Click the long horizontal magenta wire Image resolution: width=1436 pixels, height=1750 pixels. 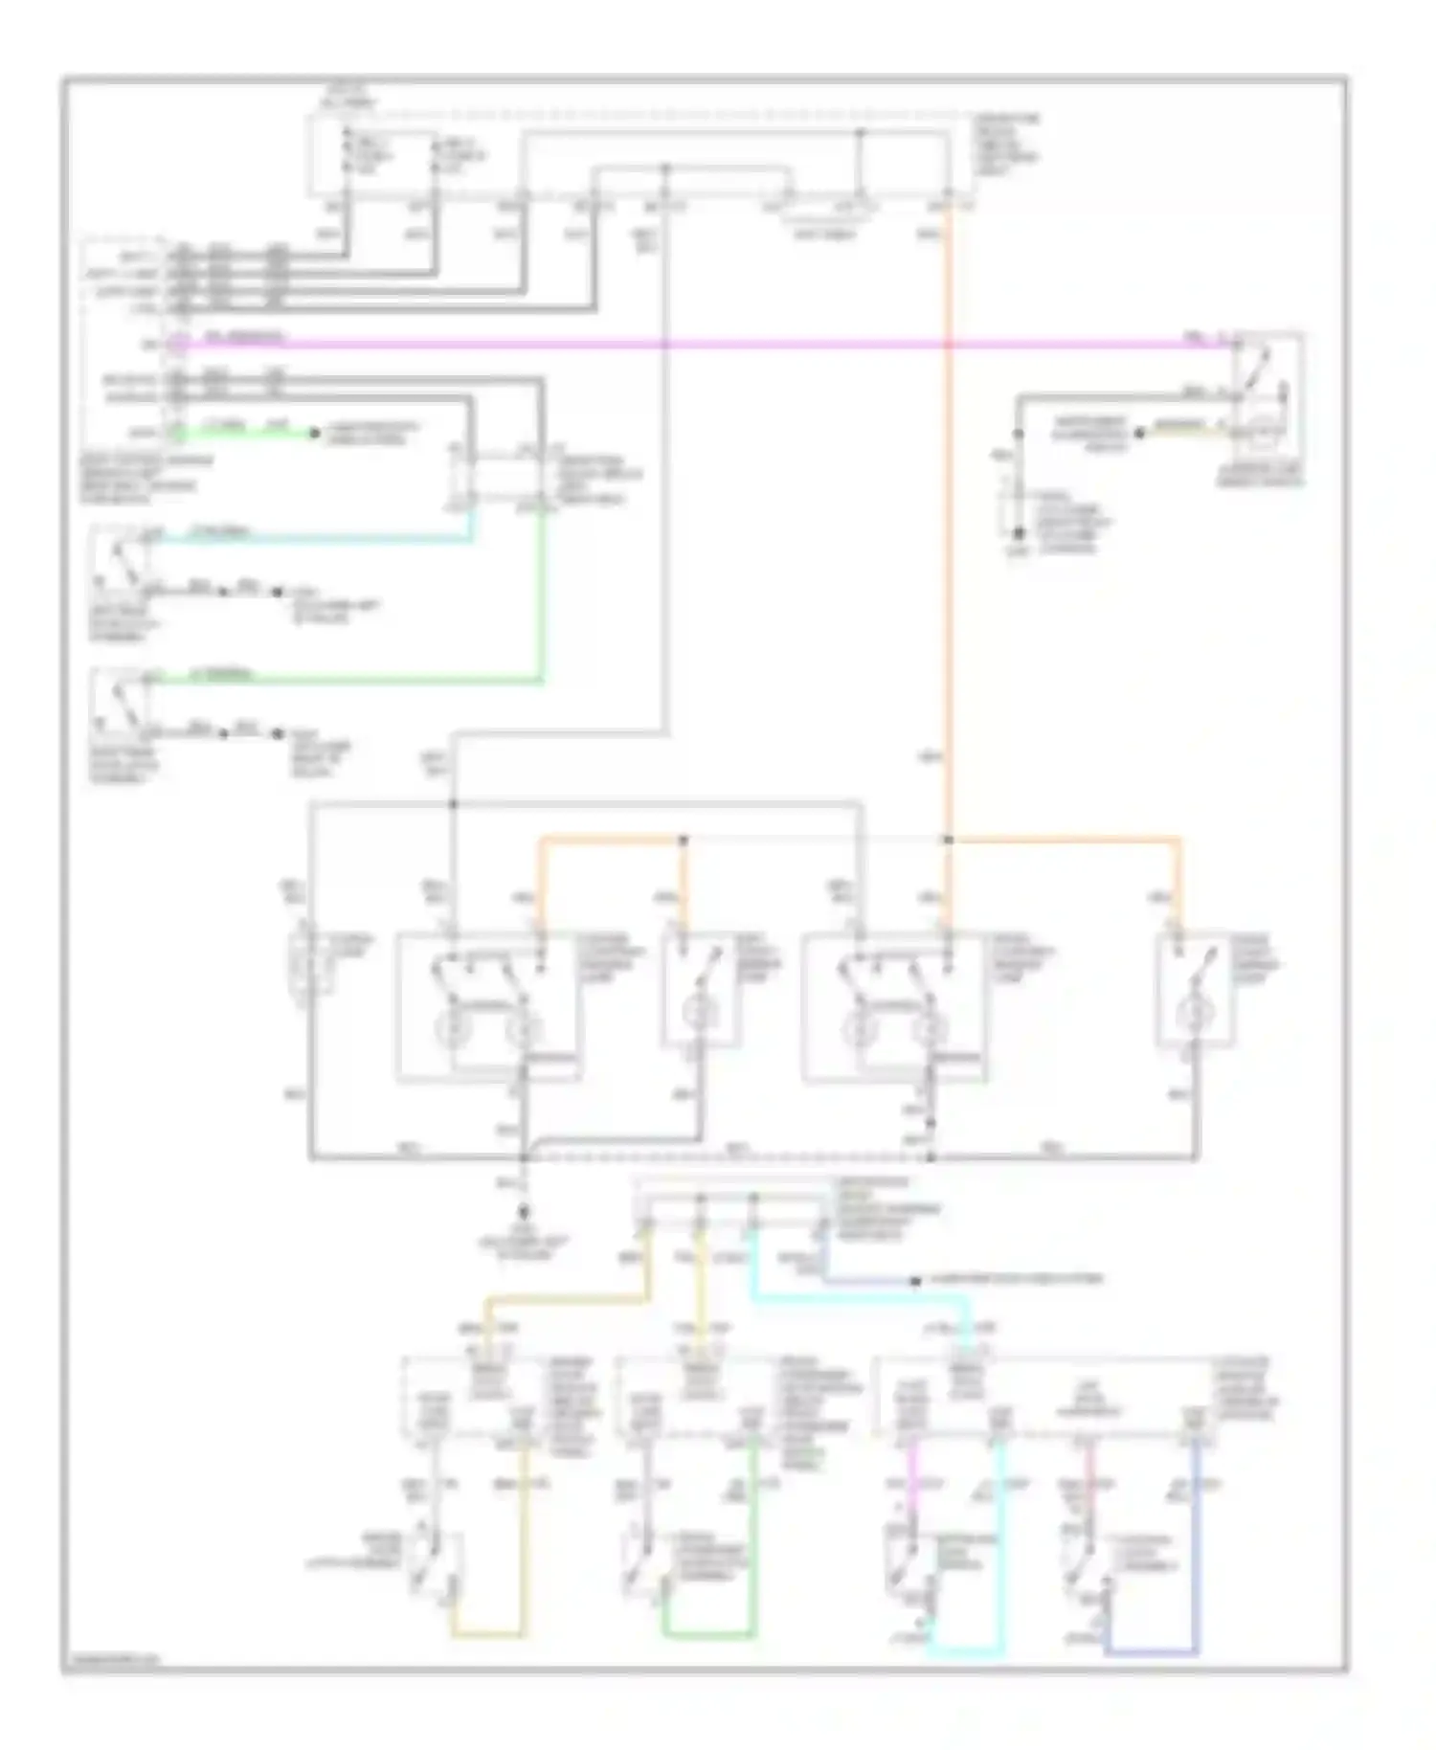[670, 343]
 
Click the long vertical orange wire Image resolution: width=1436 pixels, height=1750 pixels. [948, 574]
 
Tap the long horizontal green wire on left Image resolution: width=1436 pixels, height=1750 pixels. [345, 681]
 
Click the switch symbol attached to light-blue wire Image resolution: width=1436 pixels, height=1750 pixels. [117, 560]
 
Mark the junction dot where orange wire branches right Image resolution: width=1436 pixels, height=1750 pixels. [948, 840]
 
